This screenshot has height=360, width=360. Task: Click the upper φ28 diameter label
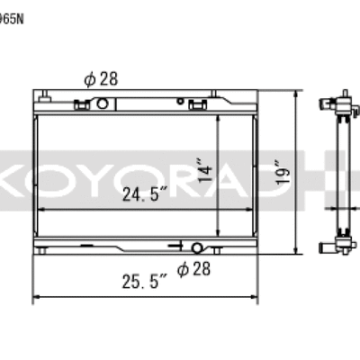click(102, 79)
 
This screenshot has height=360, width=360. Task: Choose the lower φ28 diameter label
click(194, 267)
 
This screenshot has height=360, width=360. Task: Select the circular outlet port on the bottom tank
click(197, 247)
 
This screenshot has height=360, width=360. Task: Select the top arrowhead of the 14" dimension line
click(220, 118)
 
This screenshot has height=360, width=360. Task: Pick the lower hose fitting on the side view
click(326, 245)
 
